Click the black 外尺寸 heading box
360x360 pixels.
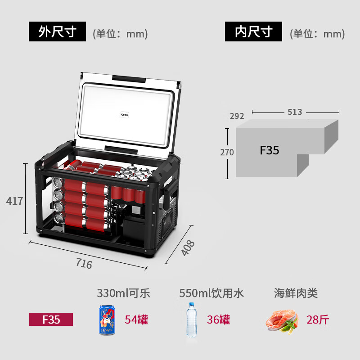click(x=57, y=31)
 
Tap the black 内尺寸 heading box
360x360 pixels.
click(x=253, y=31)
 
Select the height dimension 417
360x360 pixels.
click(x=14, y=201)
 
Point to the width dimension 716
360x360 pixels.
click(x=84, y=263)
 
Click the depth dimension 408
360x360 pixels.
click(x=188, y=248)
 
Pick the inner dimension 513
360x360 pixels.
click(x=295, y=112)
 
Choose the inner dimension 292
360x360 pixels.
click(x=237, y=116)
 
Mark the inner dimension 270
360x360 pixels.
click(x=227, y=152)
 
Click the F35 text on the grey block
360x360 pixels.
click(x=269, y=150)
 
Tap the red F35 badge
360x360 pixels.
click(x=51, y=319)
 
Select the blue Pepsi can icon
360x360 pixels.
click(x=107, y=320)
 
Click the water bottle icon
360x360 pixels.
click(x=192, y=320)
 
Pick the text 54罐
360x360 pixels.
click(x=136, y=319)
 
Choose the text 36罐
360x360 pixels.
click(x=218, y=319)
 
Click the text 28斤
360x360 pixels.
click(x=318, y=319)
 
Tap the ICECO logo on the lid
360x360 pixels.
click(x=125, y=115)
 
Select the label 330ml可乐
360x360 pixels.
click(x=123, y=293)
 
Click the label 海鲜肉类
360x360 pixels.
click(x=296, y=293)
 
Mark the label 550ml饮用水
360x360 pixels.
click(x=211, y=293)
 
